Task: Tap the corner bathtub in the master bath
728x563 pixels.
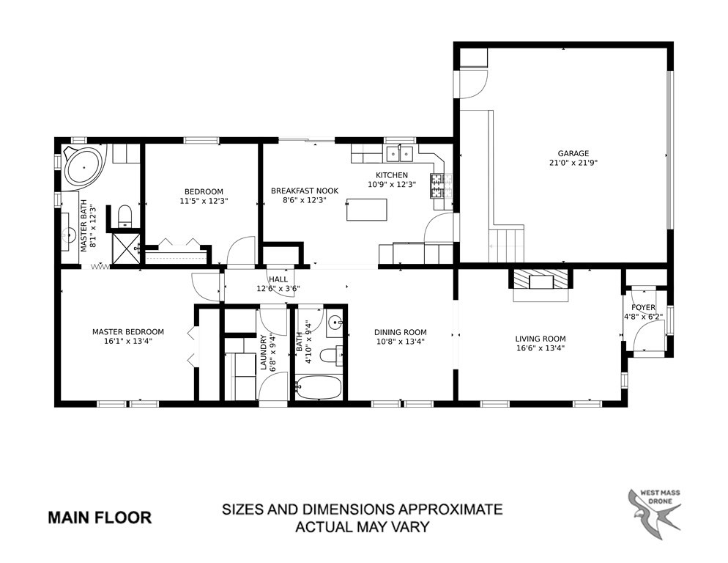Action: coord(83,166)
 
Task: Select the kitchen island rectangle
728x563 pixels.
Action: coord(367,209)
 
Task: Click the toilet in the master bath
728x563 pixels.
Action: coord(125,216)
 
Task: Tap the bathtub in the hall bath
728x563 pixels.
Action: coord(319,388)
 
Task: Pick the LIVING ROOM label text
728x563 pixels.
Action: coord(541,339)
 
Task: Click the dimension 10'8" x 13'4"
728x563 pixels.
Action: coord(400,341)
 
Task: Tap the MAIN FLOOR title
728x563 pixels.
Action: coord(100,518)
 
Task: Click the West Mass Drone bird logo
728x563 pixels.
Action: coord(655,514)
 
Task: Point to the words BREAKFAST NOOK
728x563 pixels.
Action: coord(305,191)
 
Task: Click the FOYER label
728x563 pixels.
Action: coord(643,307)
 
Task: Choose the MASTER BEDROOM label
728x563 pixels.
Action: coord(128,332)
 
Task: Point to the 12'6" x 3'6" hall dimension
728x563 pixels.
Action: coord(278,288)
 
